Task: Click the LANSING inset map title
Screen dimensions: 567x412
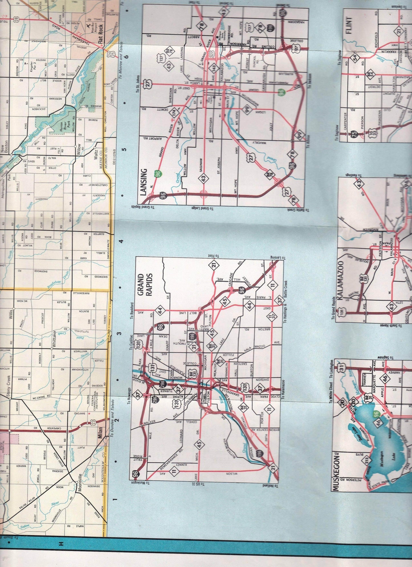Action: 144,182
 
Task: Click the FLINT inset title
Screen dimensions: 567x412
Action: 349,26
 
